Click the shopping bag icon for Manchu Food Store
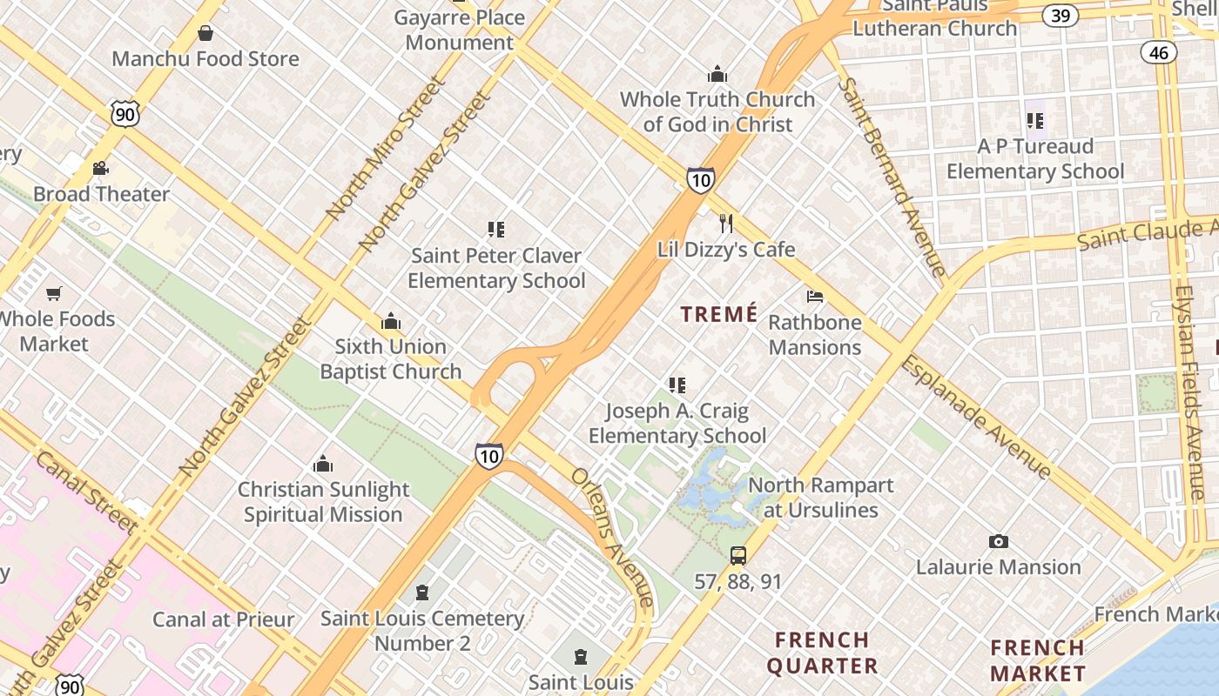coord(205,34)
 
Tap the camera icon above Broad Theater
coord(100,168)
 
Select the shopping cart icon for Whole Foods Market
coord(54,294)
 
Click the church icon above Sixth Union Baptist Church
coord(391,321)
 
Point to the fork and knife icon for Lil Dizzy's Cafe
coord(726,224)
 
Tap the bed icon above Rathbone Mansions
coord(815,297)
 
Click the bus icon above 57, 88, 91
coord(738,555)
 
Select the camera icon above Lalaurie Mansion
coord(999,541)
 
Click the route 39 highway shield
coord(1061,15)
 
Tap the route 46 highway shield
coord(1158,52)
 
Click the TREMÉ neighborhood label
coord(719,314)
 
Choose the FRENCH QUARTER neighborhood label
coord(823,653)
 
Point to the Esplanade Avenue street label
coord(975,416)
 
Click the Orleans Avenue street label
coord(613,537)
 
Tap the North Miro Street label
coord(386,147)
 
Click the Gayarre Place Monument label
coord(460,30)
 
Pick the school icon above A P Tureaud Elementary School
coord(1035,121)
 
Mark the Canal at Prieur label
coord(224,619)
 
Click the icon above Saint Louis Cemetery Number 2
coord(422,593)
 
